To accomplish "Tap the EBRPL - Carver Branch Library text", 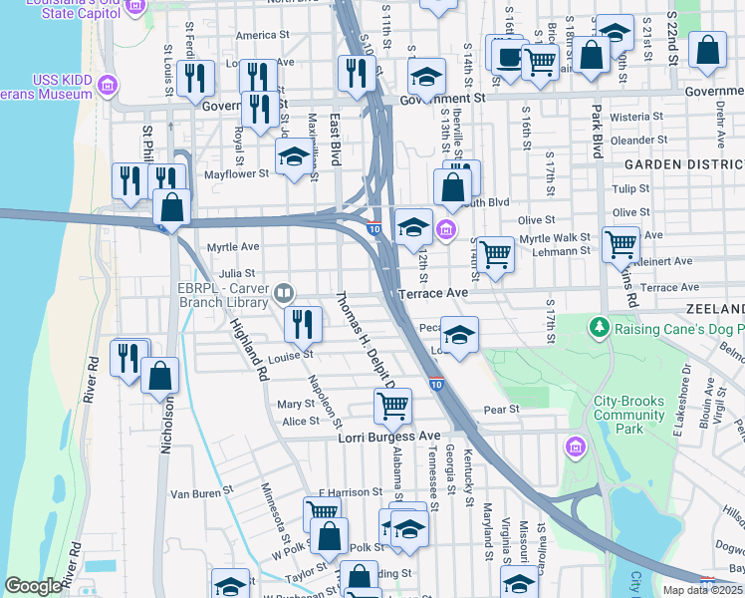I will point(224,291).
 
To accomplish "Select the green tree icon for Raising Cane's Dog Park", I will point(599,326).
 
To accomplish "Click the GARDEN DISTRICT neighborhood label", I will point(683,163).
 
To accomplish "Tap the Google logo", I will point(34,586).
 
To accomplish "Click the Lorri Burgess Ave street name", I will point(388,437).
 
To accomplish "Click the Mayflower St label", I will point(236,172).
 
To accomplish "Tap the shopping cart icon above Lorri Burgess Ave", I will point(393,405).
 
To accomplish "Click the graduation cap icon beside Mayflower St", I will point(294,155).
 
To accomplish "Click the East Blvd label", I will point(336,134).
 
